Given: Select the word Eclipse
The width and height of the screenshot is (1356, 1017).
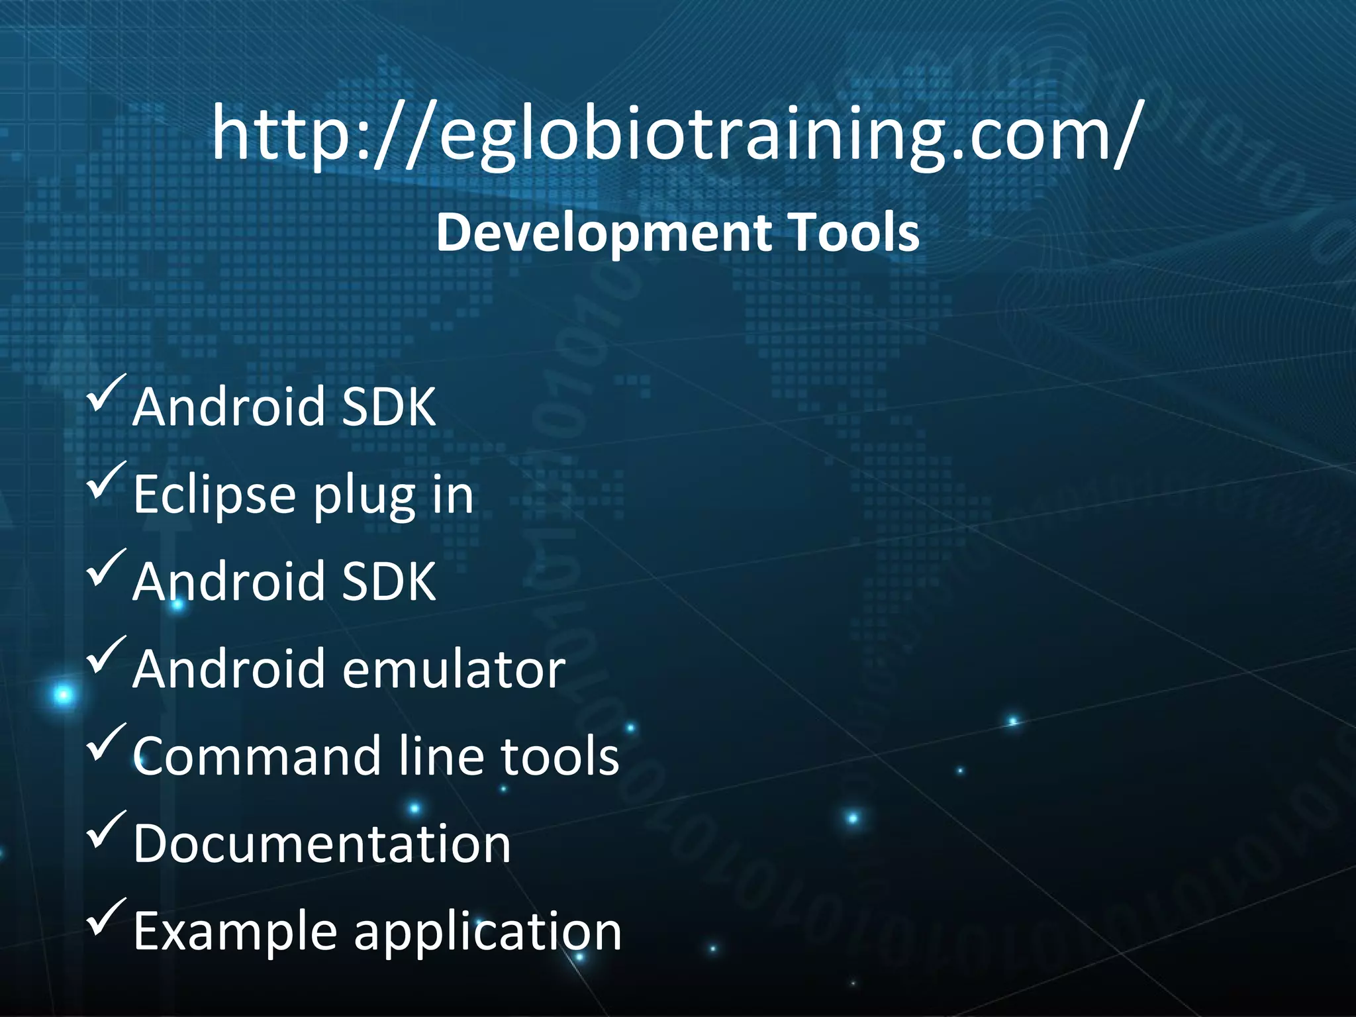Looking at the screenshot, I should click(214, 494).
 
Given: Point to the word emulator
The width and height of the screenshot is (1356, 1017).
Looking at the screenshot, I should click(454, 669).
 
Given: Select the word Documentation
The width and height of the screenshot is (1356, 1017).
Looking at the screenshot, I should click(322, 844).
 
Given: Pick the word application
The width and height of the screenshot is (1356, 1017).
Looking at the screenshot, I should click(487, 932).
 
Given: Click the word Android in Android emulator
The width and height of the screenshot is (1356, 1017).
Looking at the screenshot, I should click(228, 669).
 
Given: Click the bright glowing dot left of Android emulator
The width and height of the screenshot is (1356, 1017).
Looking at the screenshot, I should click(64, 695).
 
